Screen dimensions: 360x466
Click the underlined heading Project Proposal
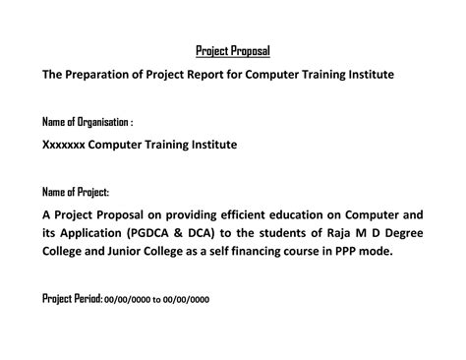click(233, 50)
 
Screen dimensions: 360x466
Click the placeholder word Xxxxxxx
click(63, 145)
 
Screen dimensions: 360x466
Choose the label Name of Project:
click(76, 191)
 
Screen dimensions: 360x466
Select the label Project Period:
click(72, 298)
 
